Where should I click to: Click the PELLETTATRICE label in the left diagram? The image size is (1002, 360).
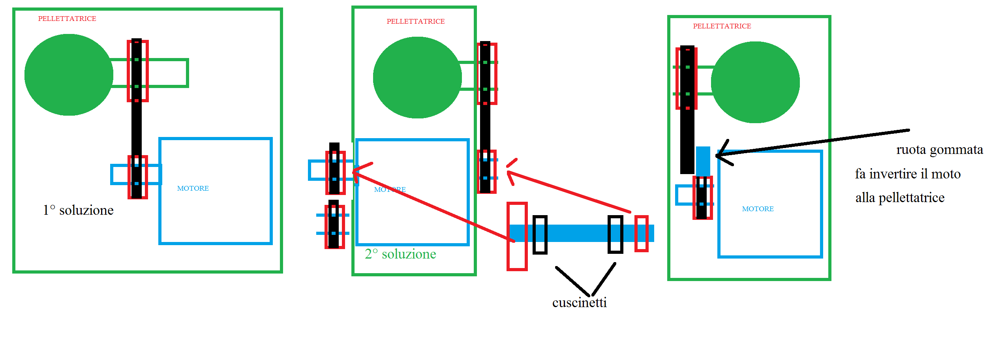click(x=67, y=19)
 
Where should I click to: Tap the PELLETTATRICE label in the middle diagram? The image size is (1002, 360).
click(x=415, y=21)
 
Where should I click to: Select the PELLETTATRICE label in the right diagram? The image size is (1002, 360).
click(x=722, y=26)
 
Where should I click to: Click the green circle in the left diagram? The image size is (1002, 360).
click(x=69, y=75)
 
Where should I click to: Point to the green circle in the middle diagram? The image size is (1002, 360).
click(x=417, y=77)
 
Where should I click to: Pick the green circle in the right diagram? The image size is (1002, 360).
click(x=755, y=82)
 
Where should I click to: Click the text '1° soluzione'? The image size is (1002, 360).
click(x=78, y=210)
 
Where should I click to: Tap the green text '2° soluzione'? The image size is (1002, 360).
click(x=400, y=254)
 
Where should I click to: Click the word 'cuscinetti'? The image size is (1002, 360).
click(x=579, y=303)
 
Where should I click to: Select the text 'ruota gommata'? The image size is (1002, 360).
click(x=939, y=150)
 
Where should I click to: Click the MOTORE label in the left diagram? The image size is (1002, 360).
click(x=193, y=188)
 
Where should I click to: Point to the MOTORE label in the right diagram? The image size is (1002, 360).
click(x=758, y=209)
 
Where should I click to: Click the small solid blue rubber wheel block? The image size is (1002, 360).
click(x=703, y=161)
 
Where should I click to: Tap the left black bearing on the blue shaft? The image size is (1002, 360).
click(x=540, y=234)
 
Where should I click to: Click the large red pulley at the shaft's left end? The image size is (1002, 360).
click(x=517, y=236)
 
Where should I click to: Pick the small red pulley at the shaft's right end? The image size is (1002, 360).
click(x=641, y=233)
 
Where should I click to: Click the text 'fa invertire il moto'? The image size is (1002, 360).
click(x=908, y=174)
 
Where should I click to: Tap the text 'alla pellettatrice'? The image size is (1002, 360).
click(x=900, y=197)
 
